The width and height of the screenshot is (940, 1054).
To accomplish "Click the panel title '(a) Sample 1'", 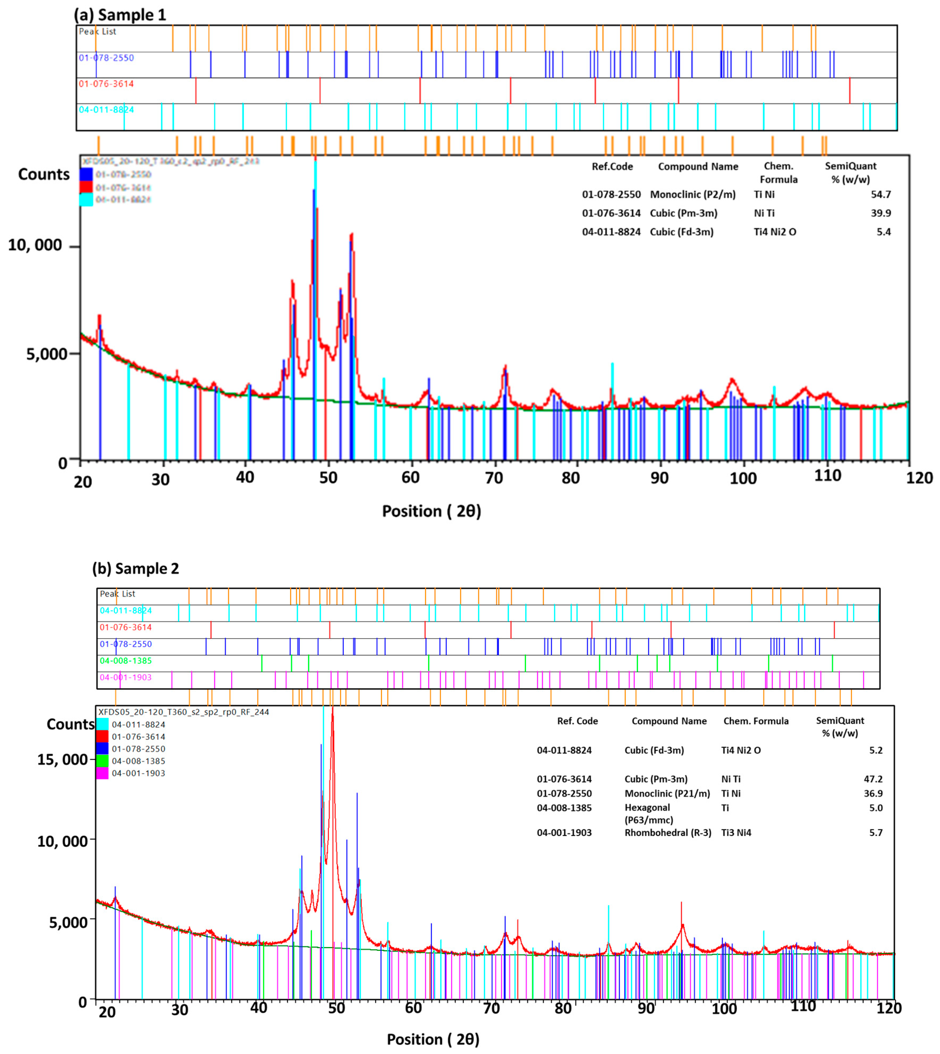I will point(120,14).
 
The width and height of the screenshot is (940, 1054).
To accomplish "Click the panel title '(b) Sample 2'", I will point(135,569).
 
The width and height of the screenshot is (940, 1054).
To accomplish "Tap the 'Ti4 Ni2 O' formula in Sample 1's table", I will point(775,232).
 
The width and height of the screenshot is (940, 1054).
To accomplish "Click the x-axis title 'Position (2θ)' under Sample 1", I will point(431,511).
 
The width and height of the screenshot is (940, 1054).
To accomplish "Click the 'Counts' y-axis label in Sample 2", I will point(70,724).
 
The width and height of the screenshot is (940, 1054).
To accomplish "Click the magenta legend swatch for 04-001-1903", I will point(102,773).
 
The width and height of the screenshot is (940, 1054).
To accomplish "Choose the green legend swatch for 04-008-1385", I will point(102,761).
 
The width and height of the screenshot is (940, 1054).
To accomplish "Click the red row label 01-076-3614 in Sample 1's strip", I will point(106,84).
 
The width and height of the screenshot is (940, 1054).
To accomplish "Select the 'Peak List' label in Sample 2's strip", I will point(117,594).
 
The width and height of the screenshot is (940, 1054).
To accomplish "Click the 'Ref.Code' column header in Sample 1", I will point(612,167).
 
